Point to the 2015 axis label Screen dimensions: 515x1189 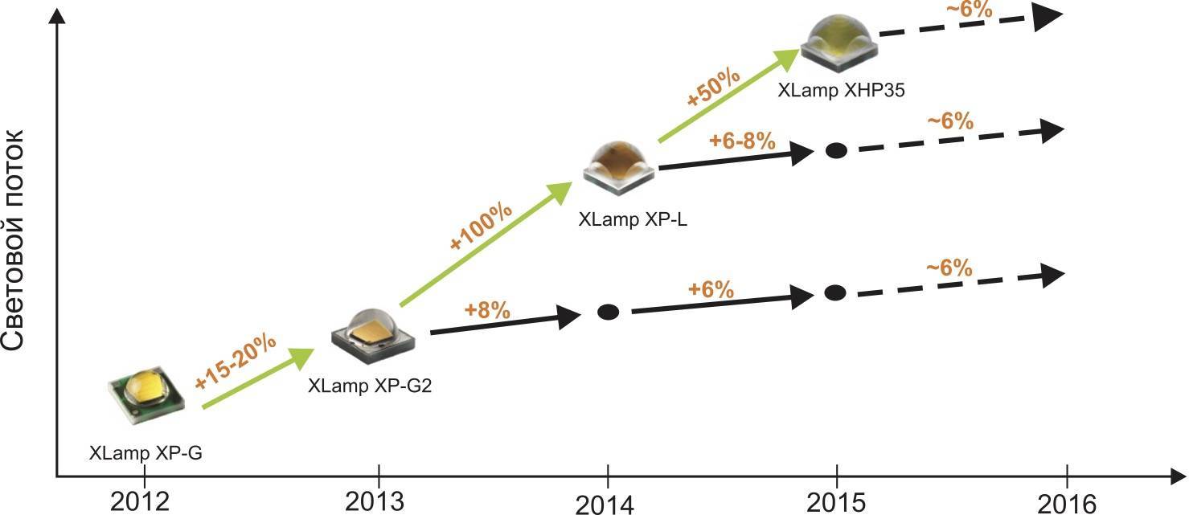coord(836,501)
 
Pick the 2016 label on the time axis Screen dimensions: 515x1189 coord(1066,503)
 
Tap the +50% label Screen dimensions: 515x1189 coord(712,88)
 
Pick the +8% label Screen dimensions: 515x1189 coord(487,310)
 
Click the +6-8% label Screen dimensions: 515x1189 coord(742,141)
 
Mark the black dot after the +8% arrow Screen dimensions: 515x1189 coord(609,311)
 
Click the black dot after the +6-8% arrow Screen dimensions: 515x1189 coord(837,150)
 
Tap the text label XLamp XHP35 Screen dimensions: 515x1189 coord(841,91)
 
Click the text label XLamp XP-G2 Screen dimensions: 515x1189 coord(370,386)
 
